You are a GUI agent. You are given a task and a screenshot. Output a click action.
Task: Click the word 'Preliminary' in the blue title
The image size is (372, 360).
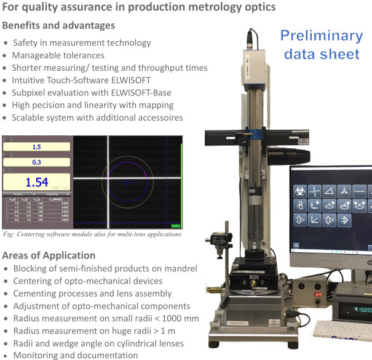(321, 35)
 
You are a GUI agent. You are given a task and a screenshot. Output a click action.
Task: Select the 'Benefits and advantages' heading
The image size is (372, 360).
(58, 26)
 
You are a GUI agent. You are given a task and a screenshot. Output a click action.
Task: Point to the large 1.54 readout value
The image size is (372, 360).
(36, 182)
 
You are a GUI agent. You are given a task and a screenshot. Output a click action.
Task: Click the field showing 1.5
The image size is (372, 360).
(36, 147)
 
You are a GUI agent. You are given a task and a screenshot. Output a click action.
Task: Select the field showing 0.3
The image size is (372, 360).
(36, 162)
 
